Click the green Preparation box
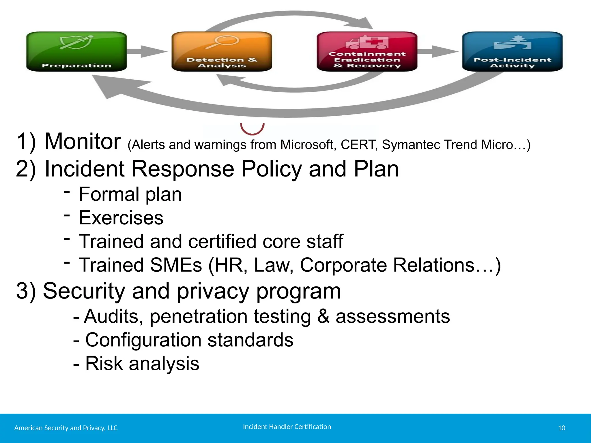pyautogui.click(x=76, y=52)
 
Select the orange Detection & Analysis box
pyautogui.click(x=222, y=52)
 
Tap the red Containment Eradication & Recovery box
pyautogui.click(x=367, y=52)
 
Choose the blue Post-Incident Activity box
pyautogui.click(x=513, y=52)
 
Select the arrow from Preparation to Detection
pyautogui.click(x=147, y=52)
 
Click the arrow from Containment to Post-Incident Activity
pyautogui.click(x=437, y=52)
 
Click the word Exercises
pyautogui.click(x=121, y=218)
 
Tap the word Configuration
pyautogui.click(x=143, y=340)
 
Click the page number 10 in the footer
pyautogui.click(x=562, y=428)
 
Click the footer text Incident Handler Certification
pyautogui.click(x=287, y=427)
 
